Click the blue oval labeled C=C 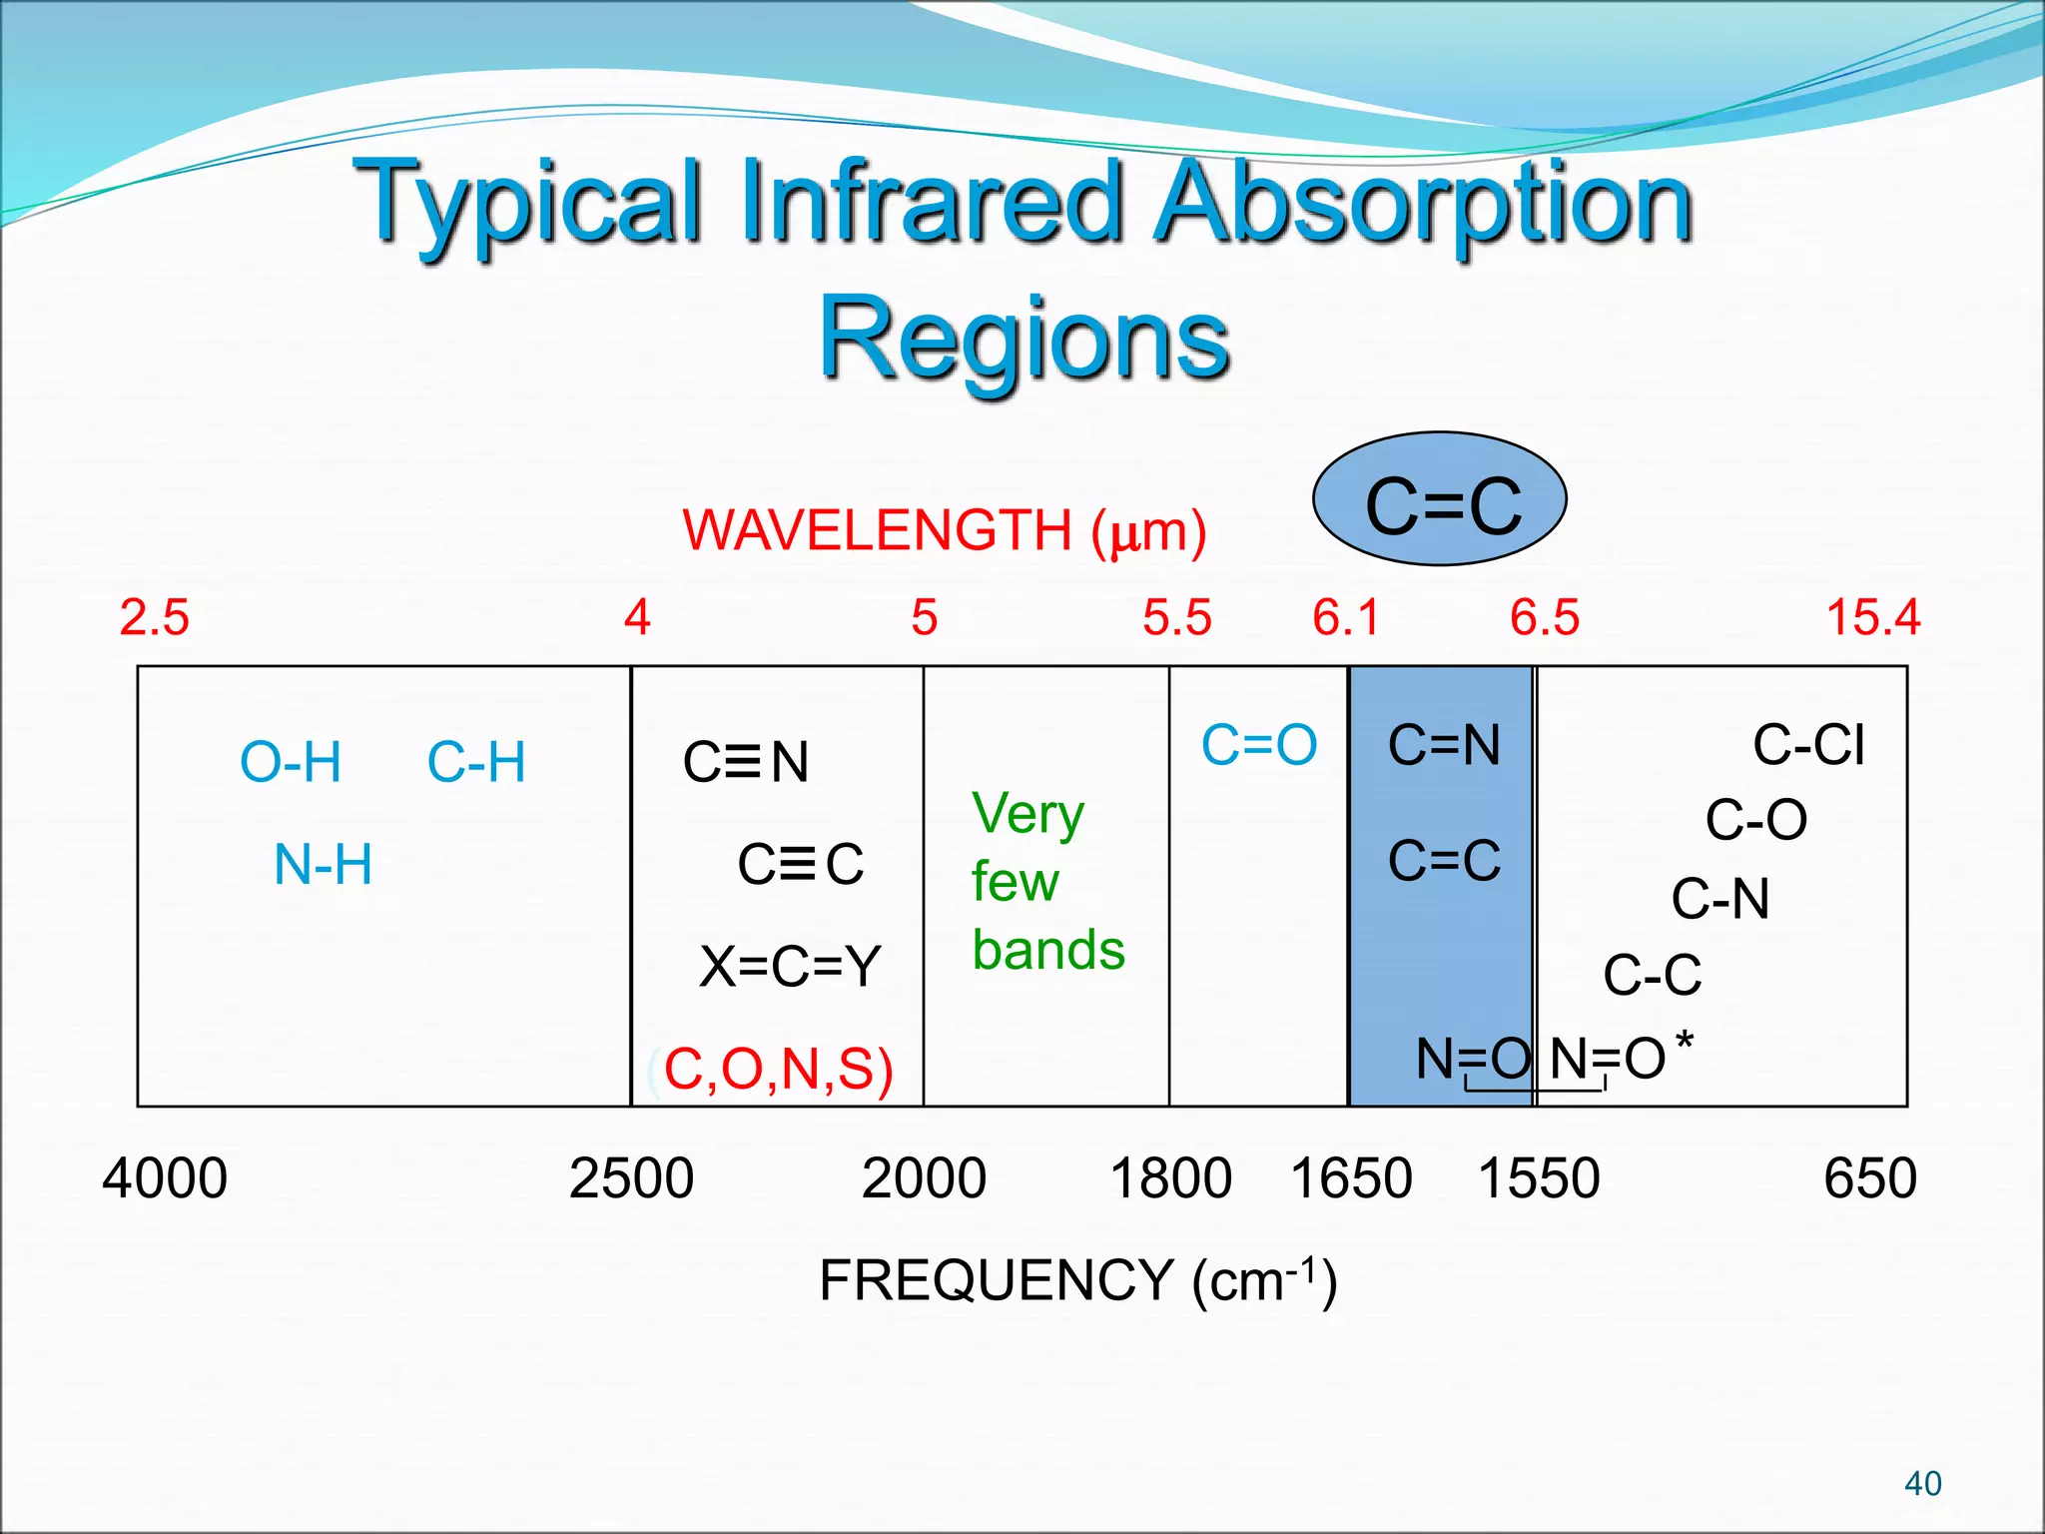[x=1439, y=499]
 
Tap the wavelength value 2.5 [x=154, y=617]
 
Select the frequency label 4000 [x=165, y=1177]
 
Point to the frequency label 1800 [x=1170, y=1177]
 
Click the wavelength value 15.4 [x=1872, y=617]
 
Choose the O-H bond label [x=291, y=763]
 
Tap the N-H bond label [x=323, y=865]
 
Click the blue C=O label [x=1259, y=745]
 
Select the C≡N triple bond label [x=746, y=763]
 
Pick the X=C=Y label [x=790, y=967]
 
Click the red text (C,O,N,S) [x=777, y=1069]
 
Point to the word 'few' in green [x=1015, y=882]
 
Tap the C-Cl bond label [x=1808, y=745]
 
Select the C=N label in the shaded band [x=1444, y=745]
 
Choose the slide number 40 [x=1922, y=1483]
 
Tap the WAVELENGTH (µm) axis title [x=944, y=530]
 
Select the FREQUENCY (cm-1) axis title [x=1077, y=1279]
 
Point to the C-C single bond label [x=1652, y=975]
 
